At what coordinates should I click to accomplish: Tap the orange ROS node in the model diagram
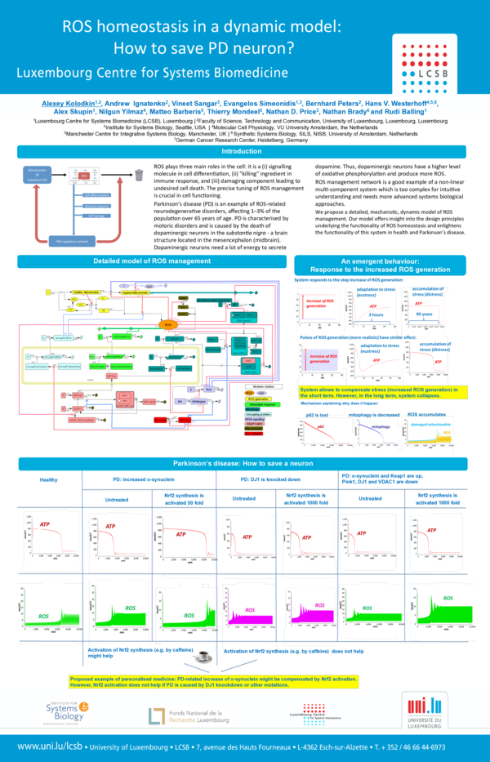click(168, 324)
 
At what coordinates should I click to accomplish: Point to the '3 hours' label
click(376, 314)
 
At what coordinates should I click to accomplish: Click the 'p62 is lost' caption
click(318, 415)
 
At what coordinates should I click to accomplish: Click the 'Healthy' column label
click(49, 479)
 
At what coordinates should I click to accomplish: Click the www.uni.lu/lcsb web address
click(51, 747)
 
